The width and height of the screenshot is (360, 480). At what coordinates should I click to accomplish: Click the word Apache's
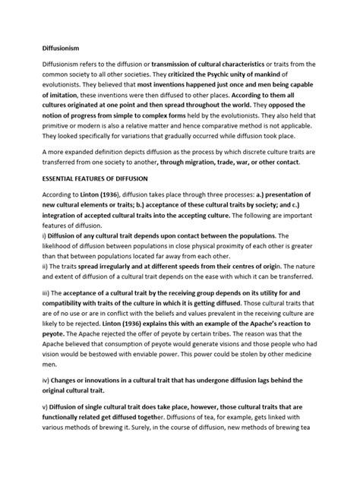click(x=270, y=330)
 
